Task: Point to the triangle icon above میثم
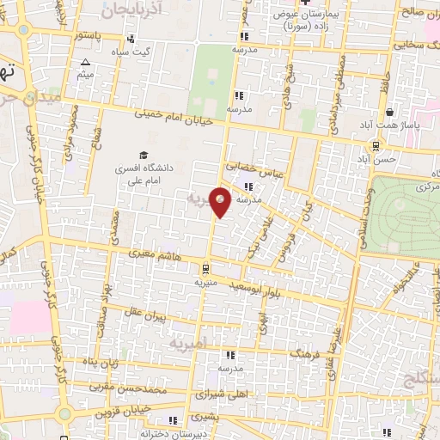click(x=86, y=63)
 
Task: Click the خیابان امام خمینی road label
click(x=172, y=120)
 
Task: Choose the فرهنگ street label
click(x=306, y=352)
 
